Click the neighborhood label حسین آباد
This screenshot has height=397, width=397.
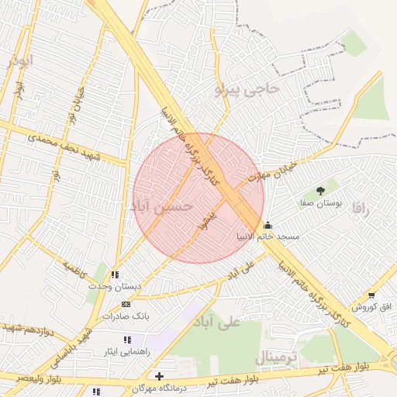point(164,206)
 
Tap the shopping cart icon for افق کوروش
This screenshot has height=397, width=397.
point(373,296)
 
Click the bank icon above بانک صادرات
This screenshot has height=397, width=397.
point(126,304)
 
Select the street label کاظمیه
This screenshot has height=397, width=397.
point(77,269)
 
